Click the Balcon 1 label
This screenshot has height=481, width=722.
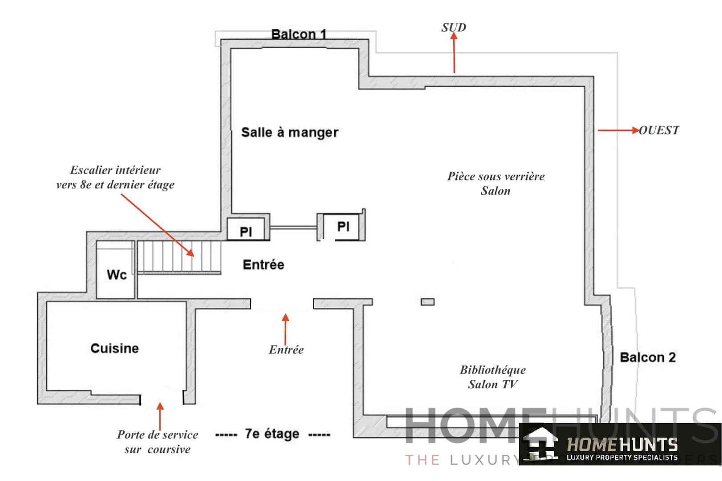[299, 34]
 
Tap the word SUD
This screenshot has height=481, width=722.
[454, 28]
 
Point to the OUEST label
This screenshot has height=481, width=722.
[659, 130]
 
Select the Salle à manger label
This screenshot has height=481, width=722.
[290, 132]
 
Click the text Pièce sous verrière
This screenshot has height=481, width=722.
[496, 176]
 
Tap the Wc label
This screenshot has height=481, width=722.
[117, 275]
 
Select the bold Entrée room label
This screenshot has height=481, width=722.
[263, 265]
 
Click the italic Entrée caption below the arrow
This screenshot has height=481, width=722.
[286, 350]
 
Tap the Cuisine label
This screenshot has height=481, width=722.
[115, 348]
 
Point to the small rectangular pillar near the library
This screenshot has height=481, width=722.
[427, 302]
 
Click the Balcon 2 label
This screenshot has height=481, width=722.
[648, 358]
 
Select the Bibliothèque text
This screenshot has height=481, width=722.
[492, 370]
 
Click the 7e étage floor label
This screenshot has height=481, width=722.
[272, 434]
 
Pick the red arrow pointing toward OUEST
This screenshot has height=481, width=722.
[618, 130]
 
